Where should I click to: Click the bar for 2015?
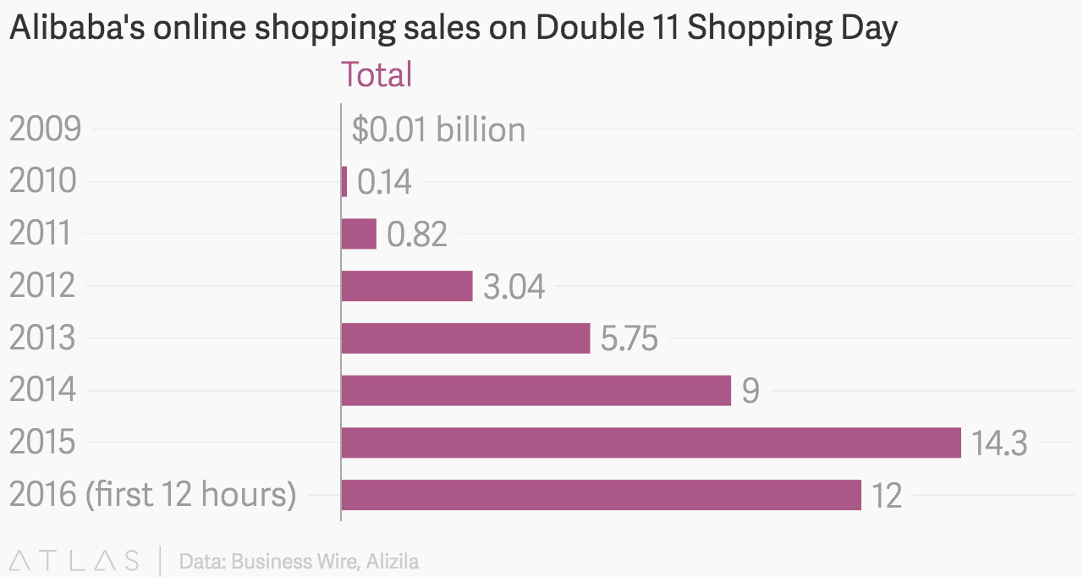click(x=651, y=442)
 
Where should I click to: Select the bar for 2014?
click(x=536, y=390)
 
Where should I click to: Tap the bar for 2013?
click(x=465, y=338)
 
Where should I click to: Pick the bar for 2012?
click(x=406, y=286)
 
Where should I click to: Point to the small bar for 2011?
click(x=359, y=234)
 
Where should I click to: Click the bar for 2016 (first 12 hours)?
click(x=601, y=495)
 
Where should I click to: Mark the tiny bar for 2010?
click(x=344, y=182)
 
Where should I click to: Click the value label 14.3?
click(x=999, y=443)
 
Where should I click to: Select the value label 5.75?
click(x=629, y=339)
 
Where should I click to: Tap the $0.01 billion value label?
click(x=438, y=129)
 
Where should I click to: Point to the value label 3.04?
click(x=514, y=287)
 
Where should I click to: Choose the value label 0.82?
click(x=416, y=234)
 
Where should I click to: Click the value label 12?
click(x=887, y=496)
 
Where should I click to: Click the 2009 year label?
click(x=45, y=129)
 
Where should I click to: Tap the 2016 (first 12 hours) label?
click(x=152, y=495)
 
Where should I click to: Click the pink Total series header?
click(x=376, y=74)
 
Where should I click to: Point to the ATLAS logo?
click(x=74, y=560)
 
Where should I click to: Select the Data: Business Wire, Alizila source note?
click(x=299, y=561)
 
